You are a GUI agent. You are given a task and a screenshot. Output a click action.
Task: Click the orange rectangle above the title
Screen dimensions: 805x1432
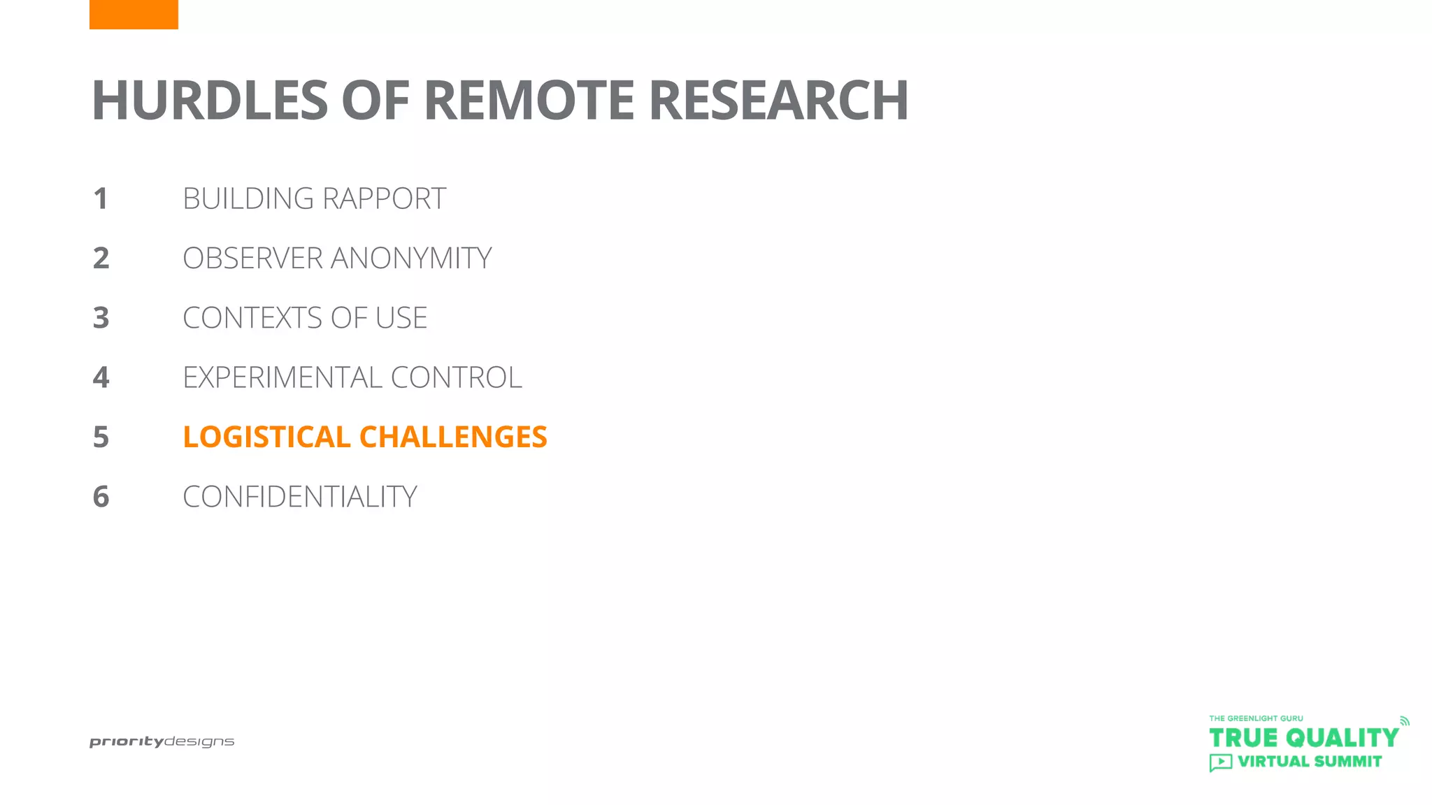[x=134, y=14]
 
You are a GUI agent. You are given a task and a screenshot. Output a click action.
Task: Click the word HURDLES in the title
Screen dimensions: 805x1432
[x=210, y=101]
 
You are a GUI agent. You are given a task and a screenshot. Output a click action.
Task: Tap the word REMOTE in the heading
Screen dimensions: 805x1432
[x=529, y=101]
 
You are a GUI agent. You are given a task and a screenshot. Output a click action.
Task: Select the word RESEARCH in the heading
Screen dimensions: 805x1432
[x=778, y=101]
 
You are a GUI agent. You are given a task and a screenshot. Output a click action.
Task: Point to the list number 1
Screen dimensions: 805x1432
[x=101, y=199]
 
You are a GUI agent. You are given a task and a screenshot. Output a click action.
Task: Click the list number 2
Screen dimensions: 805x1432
[x=101, y=259]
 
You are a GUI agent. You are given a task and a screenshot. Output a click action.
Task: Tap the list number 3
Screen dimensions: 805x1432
[x=101, y=318]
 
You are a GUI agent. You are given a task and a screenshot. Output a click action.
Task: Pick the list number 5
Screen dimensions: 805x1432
[x=101, y=437]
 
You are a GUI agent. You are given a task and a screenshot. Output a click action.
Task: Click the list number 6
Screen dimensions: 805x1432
[x=101, y=497]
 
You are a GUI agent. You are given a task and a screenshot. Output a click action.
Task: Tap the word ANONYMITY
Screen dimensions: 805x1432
[x=411, y=259]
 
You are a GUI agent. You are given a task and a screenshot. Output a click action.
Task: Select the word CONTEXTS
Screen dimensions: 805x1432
[x=253, y=318]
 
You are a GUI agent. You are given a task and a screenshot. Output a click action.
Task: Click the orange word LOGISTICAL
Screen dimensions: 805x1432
[x=266, y=437]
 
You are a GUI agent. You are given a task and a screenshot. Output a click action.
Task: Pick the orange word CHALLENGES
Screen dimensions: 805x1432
[x=453, y=437]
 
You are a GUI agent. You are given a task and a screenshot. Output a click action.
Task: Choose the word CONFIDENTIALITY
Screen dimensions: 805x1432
[x=300, y=497]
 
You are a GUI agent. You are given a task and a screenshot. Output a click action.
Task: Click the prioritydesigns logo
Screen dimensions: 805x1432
[x=162, y=741]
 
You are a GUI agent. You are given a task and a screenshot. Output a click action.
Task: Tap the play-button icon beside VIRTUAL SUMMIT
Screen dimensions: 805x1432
[x=1220, y=762]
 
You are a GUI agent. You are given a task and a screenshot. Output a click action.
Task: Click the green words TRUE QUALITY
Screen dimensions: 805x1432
[x=1303, y=738]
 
